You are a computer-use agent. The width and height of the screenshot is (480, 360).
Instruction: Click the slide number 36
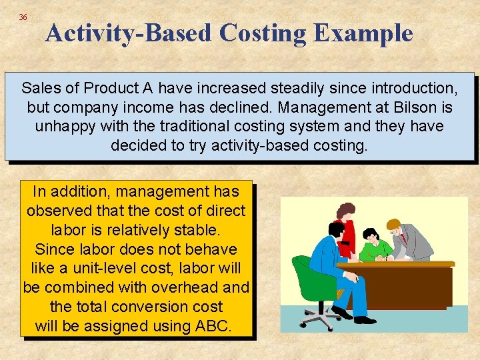[x=23, y=17]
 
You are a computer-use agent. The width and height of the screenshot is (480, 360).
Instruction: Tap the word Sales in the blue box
[x=41, y=88]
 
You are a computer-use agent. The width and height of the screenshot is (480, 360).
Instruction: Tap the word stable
[x=197, y=230]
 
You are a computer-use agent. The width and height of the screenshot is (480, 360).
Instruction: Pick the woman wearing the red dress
[x=346, y=230]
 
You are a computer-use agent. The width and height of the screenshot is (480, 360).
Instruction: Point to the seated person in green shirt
[x=373, y=247]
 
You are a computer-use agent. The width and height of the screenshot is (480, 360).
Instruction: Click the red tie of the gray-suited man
[x=403, y=238]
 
